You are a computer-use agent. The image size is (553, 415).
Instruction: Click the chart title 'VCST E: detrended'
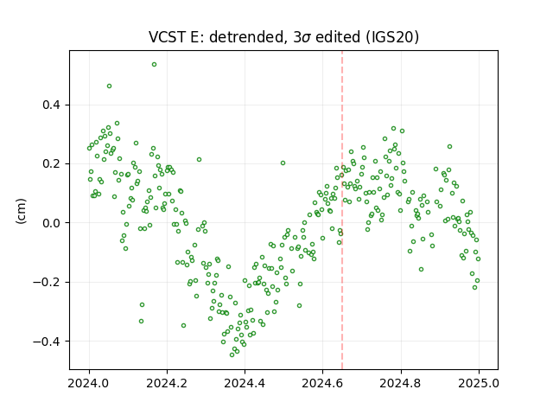[x=217, y=37]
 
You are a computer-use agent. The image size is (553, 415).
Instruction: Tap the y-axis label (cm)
[x=21, y=211]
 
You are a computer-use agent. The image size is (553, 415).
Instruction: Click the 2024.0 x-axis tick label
[x=89, y=383]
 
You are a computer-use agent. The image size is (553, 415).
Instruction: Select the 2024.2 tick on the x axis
[x=167, y=383]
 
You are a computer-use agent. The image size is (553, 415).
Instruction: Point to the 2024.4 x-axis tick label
[x=245, y=383]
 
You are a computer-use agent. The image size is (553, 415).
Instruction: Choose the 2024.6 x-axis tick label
[x=322, y=383]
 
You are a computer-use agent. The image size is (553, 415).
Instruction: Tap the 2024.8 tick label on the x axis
[x=401, y=383]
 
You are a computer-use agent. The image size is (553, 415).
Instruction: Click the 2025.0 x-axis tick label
[x=479, y=383]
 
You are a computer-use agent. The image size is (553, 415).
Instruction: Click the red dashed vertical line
[x=342, y=210]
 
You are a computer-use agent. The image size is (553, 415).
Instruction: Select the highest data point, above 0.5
[x=154, y=65]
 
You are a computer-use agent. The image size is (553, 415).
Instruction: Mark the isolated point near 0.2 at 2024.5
[x=283, y=163]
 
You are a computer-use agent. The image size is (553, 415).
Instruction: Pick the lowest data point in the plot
[x=232, y=354]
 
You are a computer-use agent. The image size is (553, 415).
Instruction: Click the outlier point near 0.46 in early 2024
[x=110, y=86]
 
